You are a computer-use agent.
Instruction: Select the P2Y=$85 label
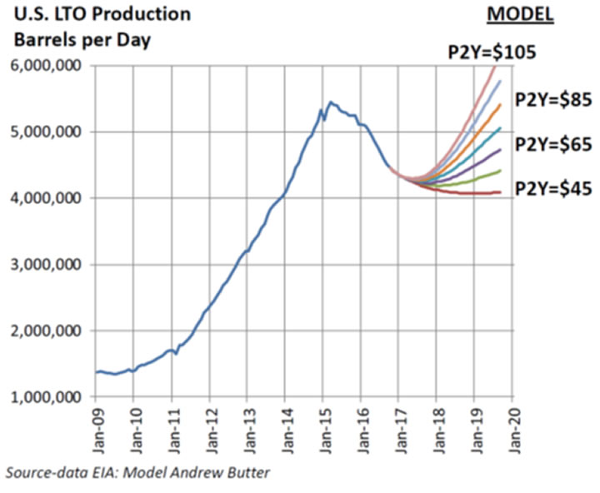pos(554,100)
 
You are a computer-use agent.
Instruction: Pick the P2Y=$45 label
pos(554,189)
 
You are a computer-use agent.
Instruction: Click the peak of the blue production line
pos(331,102)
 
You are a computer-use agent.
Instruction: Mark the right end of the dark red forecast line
pos(500,192)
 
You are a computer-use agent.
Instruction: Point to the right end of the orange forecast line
pos(500,105)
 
